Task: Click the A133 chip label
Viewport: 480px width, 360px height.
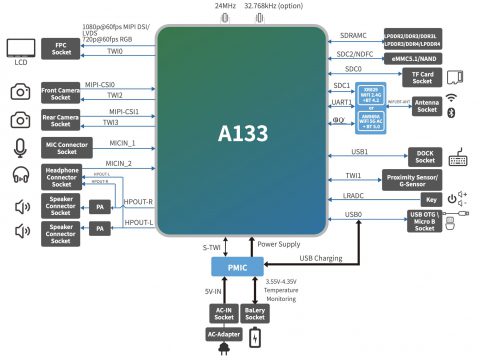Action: pyautogui.click(x=243, y=131)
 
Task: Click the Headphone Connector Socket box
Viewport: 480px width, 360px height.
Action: pyautogui.click(x=62, y=176)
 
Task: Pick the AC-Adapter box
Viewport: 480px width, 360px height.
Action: pyautogui.click(x=224, y=333)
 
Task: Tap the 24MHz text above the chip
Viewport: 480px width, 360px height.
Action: pyautogui.click(x=225, y=6)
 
